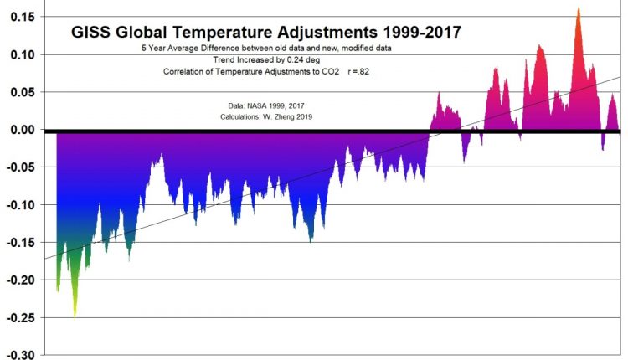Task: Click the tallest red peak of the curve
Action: (x=579, y=8)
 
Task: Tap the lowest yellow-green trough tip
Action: (x=75, y=316)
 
